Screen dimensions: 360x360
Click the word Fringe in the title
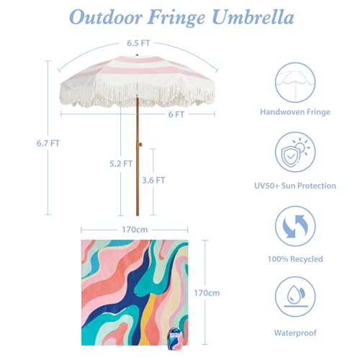coord(176,17)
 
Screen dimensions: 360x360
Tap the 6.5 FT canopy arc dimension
coord(138,43)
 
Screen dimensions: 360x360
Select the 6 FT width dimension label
coord(176,114)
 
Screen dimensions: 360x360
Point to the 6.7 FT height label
coord(48,143)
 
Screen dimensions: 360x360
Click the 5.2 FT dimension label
coord(121,164)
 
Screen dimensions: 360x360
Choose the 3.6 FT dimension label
coord(153,180)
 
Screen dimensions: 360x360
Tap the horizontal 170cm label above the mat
coord(135,230)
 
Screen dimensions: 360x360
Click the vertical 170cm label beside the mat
coord(207,293)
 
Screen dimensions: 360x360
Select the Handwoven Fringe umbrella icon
coord(295,83)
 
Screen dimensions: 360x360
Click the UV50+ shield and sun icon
coord(295,152)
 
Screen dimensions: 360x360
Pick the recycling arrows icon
coord(295,226)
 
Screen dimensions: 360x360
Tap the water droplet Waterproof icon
coord(295,297)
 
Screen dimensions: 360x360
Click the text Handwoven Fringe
coord(295,112)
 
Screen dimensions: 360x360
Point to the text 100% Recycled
coord(295,259)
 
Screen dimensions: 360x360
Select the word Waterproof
coord(295,333)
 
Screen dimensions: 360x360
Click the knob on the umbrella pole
coord(140,145)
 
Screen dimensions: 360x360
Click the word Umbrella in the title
coord(253,17)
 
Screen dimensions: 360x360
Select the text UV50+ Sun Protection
coord(295,186)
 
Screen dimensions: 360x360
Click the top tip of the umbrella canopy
coord(137,55)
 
